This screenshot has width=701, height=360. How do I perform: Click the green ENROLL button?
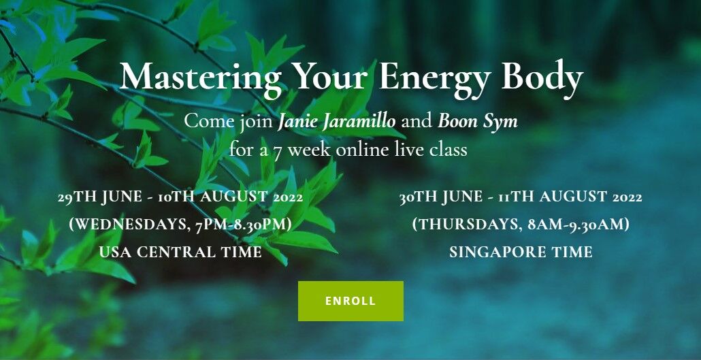point(350,301)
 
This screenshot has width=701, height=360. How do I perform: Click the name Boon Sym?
point(478,120)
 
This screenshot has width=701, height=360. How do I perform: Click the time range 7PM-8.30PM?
point(244,225)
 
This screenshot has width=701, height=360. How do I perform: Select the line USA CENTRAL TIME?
point(180,252)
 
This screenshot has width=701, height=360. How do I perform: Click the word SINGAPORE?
point(495,252)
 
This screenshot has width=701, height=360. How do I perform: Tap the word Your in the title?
point(332,78)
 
